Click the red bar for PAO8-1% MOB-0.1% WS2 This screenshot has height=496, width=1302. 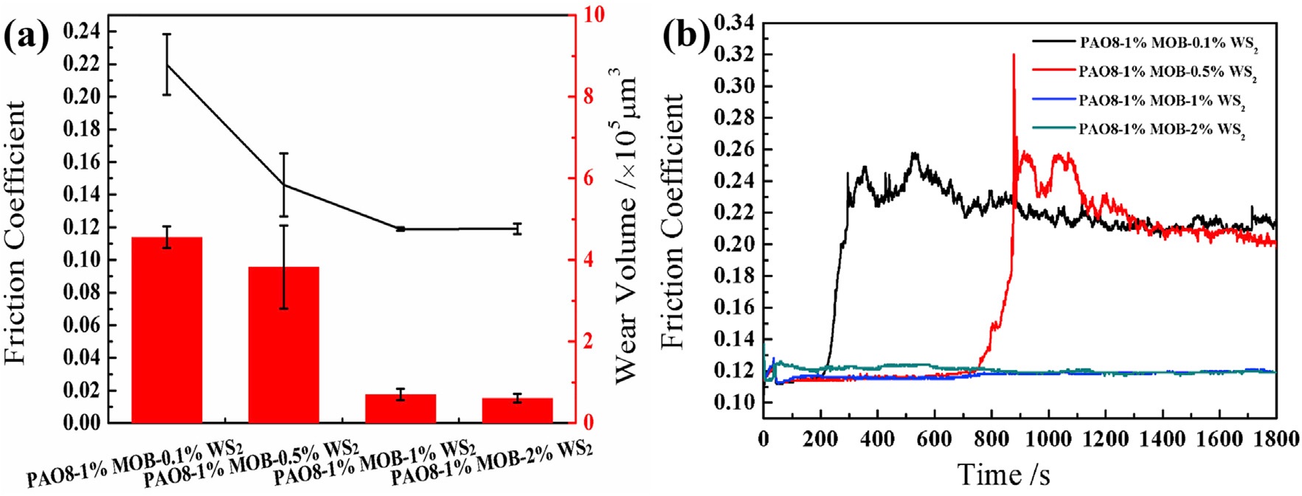[167, 329]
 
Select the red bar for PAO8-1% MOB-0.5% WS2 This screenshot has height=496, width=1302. [283, 344]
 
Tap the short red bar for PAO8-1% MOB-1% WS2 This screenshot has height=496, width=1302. [401, 408]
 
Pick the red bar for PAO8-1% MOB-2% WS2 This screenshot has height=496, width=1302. [517, 410]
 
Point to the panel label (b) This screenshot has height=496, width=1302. [680, 35]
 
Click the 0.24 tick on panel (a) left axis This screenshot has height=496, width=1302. [83, 32]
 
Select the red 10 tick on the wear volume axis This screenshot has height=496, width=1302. [594, 15]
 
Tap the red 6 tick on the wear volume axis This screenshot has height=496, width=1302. [589, 178]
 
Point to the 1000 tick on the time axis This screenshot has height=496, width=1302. [1048, 439]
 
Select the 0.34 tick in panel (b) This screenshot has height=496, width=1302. [734, 23]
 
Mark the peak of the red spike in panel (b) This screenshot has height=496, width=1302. [1014, 55]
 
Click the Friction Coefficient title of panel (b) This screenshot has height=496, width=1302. [673, 221]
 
